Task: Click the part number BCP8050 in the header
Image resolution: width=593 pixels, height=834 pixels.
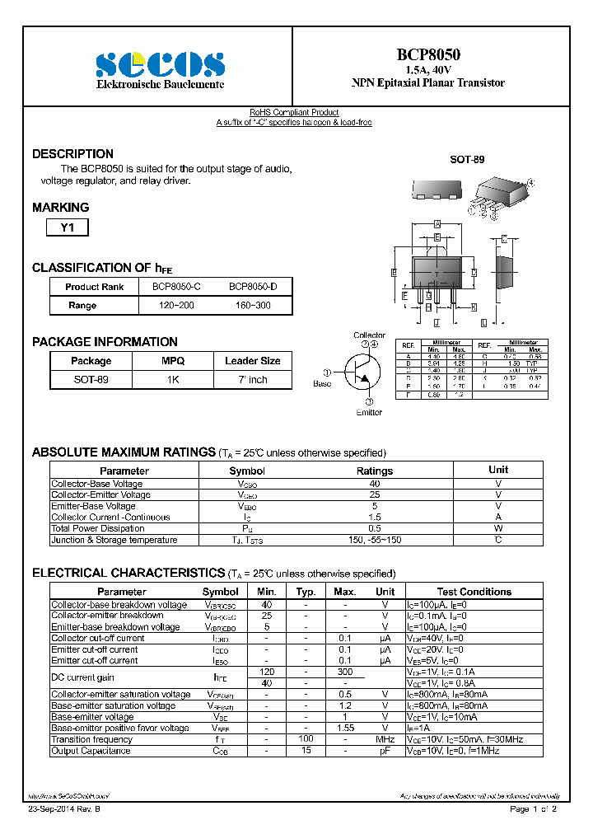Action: (428, 54)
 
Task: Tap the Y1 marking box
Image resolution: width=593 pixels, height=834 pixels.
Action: (67, 228)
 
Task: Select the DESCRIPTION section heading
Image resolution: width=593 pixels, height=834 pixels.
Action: (72, 154)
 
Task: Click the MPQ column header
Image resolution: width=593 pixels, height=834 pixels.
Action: (173, 361)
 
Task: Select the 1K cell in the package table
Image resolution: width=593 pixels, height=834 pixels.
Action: (173, 380)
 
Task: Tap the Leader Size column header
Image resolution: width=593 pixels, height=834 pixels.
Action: (252, 361)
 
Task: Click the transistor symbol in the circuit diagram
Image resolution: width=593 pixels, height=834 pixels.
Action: (362, 372)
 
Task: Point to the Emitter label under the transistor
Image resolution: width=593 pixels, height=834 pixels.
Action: (369, 412)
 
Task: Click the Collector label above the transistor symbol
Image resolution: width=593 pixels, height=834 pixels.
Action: (369, 335)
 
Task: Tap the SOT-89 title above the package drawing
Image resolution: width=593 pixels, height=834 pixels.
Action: (467, 159)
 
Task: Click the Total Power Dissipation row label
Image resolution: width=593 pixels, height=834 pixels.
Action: (97, 529)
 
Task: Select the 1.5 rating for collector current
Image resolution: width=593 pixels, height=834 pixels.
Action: (374, 518)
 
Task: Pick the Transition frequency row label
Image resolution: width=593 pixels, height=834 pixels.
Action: (92, 740)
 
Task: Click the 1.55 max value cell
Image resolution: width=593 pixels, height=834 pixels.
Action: (344, 729)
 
